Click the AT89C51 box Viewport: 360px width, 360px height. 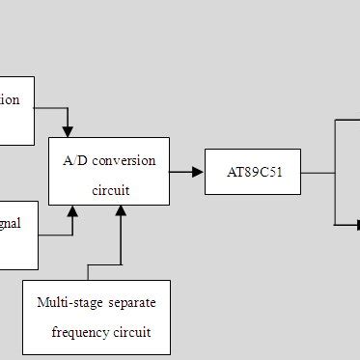tap(252, 172)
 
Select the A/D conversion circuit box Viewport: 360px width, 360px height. tap(109, 170)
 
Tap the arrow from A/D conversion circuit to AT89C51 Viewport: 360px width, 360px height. tap(186, 172)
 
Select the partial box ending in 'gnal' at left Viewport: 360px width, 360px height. tap(18, 235)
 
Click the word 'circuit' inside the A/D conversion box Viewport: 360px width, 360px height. tap(110, 190)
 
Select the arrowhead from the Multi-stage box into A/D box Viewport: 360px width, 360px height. tap(121, 211)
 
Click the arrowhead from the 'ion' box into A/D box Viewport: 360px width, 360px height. tap(68, 131)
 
